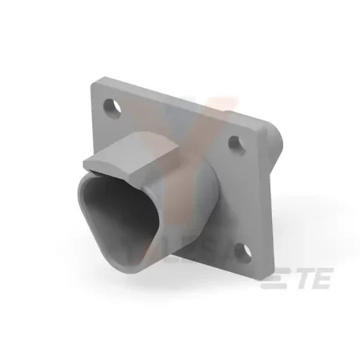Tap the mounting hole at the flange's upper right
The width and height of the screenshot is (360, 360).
coord(236,142)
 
